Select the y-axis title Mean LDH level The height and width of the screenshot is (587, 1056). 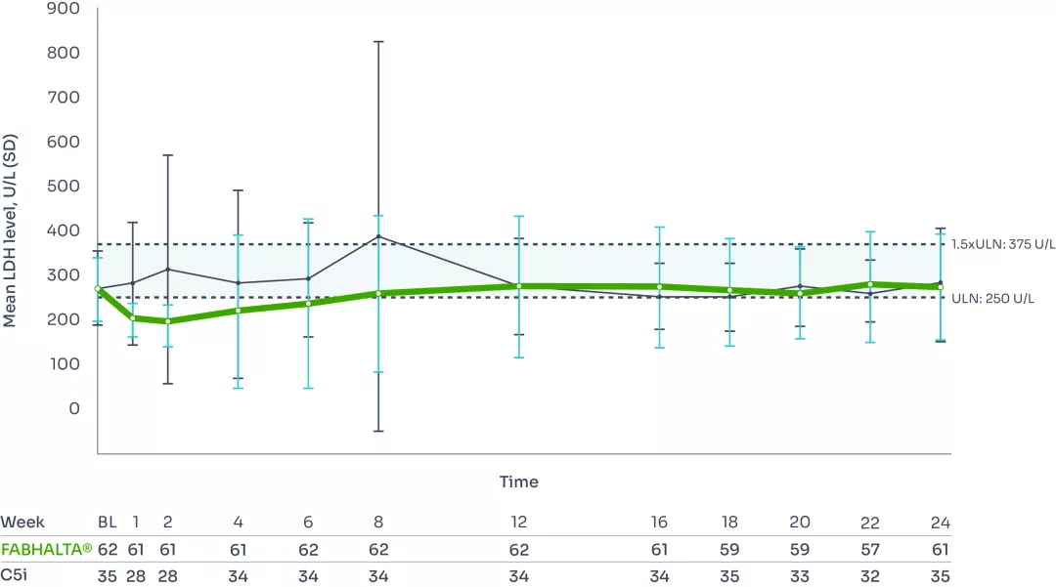pyautogui.click(x=10, y=231)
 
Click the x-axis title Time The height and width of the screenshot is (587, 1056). pyautogui.click(x=518, y=482)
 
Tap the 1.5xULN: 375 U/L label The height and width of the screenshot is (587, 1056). pyautogui.click(x=1001, y=243)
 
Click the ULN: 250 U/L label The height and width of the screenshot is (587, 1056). pyautogui.click(x=993, y=298)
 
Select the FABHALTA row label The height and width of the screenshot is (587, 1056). pyautogui.click(x=46, y=550)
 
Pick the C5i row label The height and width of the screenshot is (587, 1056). pyautogui.click(x=15, y=577)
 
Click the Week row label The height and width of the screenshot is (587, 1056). pyautogui.click(x=22, y=523)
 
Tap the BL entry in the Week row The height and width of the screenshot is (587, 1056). pyautogui.click(x=108, y=523)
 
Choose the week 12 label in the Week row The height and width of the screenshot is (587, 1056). pyautogui.click(x=518, y=523)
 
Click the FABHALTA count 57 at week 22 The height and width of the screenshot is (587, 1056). pyautogui.click(x=870, y=550)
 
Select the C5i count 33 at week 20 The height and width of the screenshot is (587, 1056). pyautogui.click(x=800, y=577)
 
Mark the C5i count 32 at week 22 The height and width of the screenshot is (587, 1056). pyautogui.click(x=870, y=577)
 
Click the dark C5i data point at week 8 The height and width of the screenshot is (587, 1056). pyautogui.click(x=378, y=236)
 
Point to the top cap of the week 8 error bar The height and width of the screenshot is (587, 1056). pyautogui.click(x=378, y=42)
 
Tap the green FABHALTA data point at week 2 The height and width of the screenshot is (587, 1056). pyautogui.click(x=168, y=321)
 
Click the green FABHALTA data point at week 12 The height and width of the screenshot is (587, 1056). pyautogui.click(x=518, y=286)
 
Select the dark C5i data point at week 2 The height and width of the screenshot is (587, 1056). pyautogui.click(x=168, y=269)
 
